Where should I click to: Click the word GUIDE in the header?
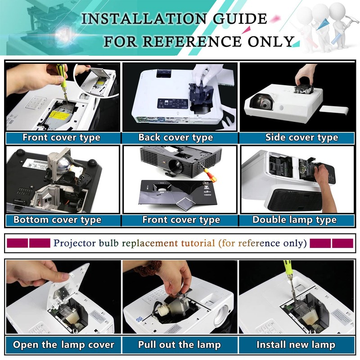pyautogui.click(x=240, y=18)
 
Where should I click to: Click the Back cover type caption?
pyautogui.click(x=175, y=138)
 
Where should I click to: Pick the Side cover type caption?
pyautogui.click(x=301, y=138)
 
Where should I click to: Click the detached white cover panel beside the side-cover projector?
pyautogui.click(x=334, y=110)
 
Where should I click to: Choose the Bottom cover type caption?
pyautogui.click(x=58, y=220)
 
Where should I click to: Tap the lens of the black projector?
pyautogui.click(x=176, y=165)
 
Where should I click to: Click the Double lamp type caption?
pyautogui.click(x=295, y=220)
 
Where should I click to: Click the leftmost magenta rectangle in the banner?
pyautogui.click(x=18, y=243)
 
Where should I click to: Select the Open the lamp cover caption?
pyautogui.click(x=63, y=345)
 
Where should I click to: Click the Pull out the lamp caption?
pyautogui.click(x=179, y=345)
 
